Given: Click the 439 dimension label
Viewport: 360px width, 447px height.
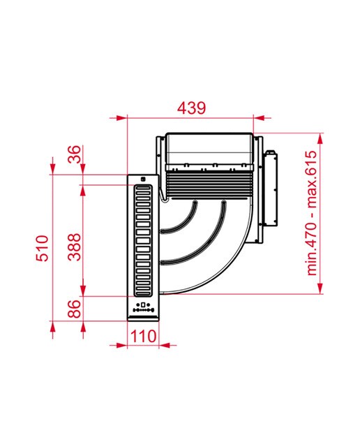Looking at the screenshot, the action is pyautogui.click(x=191, y=108).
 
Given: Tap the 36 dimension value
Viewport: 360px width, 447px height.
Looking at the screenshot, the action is pyautogui.click(x=75, y=154).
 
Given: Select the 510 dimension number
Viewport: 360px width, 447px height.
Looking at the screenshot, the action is pyautogui.click(x=42, y=248).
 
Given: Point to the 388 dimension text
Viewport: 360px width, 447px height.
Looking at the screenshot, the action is pyautogui.click(x=75, y=247).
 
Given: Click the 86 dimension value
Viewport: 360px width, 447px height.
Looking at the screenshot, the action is pyautogui.click(x=75, y=309).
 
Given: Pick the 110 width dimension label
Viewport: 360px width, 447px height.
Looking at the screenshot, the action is pyautogui.click(x=143, y=336).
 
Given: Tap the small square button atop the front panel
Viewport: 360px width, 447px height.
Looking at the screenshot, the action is pyautogui.click(x=143, y=179).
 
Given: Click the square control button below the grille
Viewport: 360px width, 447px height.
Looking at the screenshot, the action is pyautogui.click(x=143, y=305).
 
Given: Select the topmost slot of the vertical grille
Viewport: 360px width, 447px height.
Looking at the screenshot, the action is pyautogui.click(x=143, y=189).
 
